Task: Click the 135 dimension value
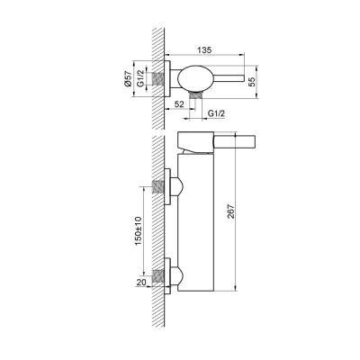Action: tap(204, 49)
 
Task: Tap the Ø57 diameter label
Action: tap(128, 79)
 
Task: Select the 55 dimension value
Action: tap(252, 81)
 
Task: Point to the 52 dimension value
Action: tap(179, 104)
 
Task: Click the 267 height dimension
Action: tap(231, 212)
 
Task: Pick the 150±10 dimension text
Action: tap(138, 230)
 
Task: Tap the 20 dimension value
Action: tap(141, 282)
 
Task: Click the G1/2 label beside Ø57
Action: tap(140, 79)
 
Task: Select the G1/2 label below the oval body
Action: tap(216, 113)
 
